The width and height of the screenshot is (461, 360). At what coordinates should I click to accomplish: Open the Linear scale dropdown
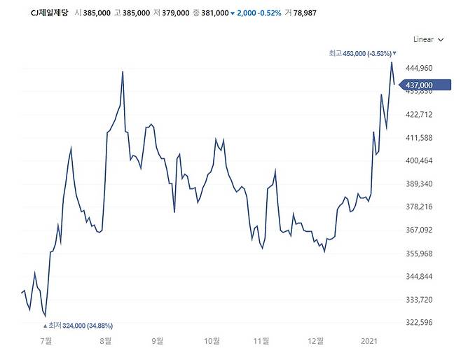(428, 40)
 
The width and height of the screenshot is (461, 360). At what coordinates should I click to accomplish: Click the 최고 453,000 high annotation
(362, 53)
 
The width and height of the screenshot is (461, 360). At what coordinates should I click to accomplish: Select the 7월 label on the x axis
(47, 341)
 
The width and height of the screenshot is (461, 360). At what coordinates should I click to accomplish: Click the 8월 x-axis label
(106, 341)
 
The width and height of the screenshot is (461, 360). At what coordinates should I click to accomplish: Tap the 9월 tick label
(158, 341)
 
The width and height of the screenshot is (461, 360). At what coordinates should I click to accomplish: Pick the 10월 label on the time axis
(211, 341)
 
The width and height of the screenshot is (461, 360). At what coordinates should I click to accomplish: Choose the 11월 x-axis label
(261, 341)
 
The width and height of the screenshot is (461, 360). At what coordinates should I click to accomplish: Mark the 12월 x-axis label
(315, 341)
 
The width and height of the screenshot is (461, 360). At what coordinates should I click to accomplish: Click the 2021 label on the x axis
(370, 341)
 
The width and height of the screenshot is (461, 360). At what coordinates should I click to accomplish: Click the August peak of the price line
(123, 71)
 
